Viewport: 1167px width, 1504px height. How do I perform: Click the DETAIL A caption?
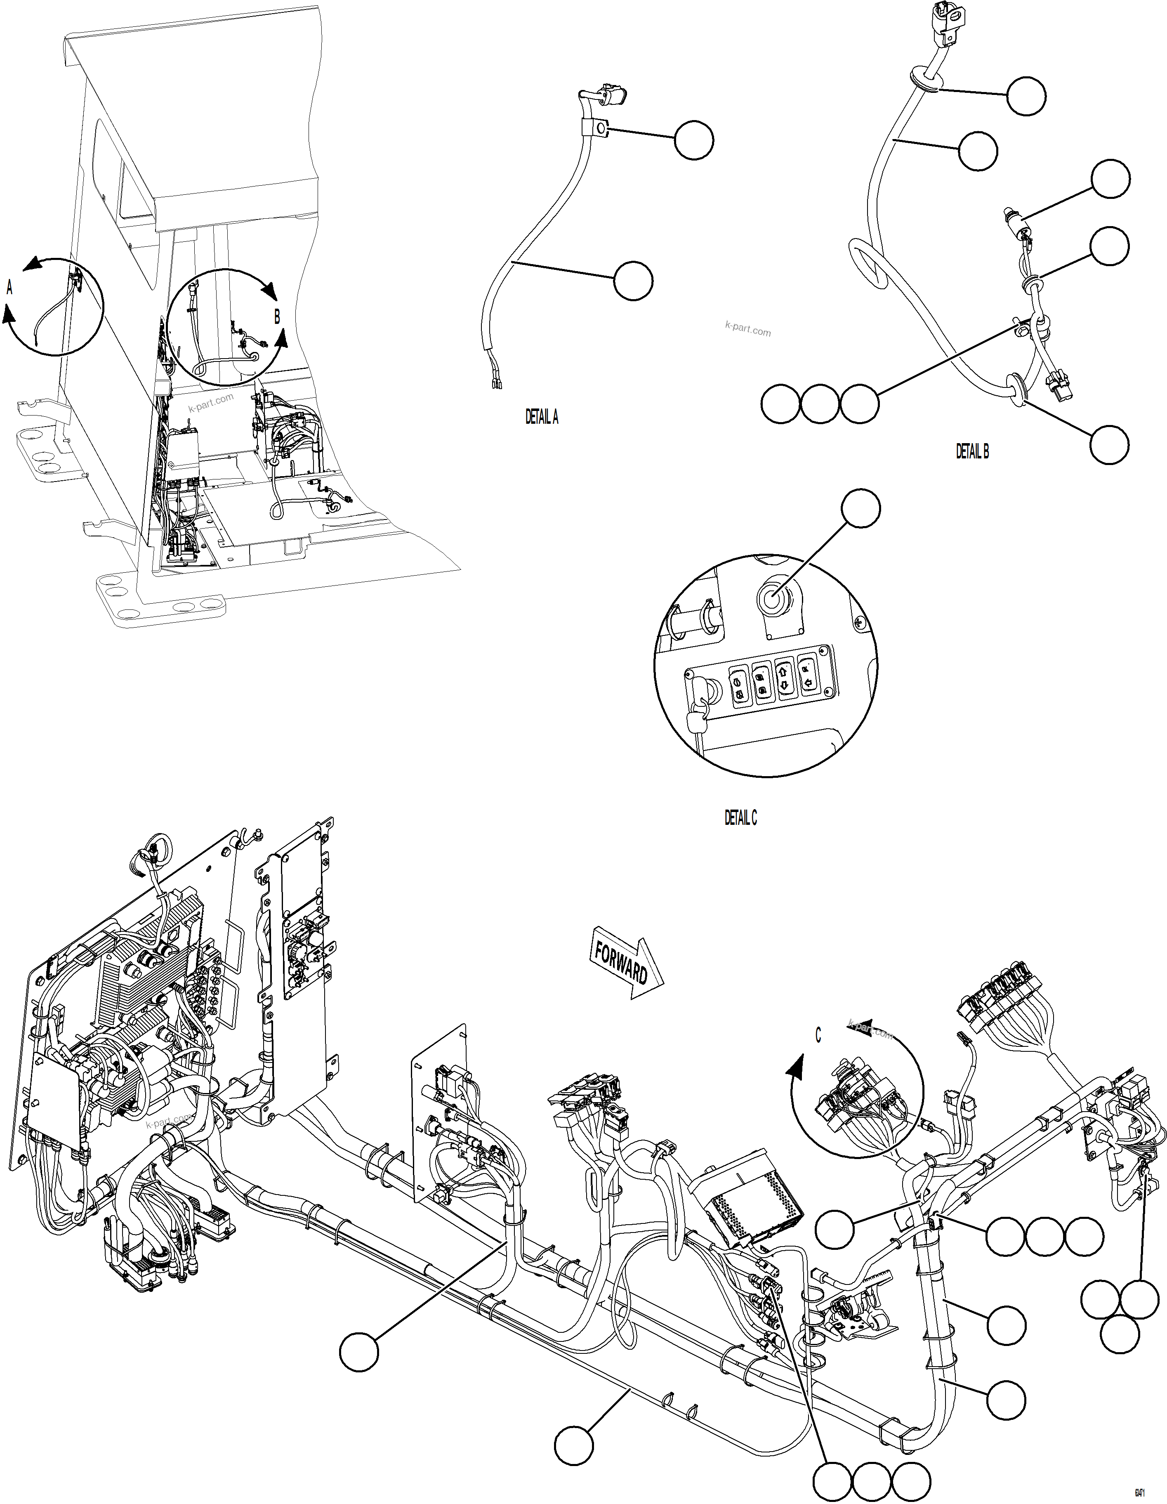coord(542,417)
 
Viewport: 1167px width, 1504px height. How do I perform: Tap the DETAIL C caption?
coord(740,818)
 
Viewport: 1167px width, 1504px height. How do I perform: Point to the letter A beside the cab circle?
coord(9,288)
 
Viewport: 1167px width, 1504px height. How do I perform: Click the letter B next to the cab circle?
coord(278,317)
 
